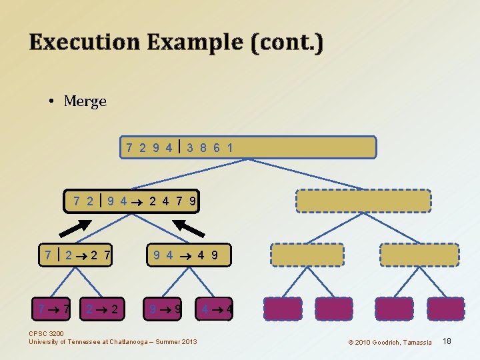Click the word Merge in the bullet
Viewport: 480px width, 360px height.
(x=85, y=101)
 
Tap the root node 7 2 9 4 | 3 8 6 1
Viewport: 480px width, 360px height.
(x=248, y=147)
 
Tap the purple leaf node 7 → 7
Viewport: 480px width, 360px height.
(x=54, y=309)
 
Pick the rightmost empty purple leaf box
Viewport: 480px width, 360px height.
(x=445, y=309)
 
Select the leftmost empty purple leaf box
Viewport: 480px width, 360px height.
(x=283, y=309)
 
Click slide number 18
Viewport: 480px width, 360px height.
(x=447, y=341)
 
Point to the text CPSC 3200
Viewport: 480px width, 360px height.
(x=47, y=333)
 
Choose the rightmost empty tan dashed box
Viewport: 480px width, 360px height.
(x=419, y=255)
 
